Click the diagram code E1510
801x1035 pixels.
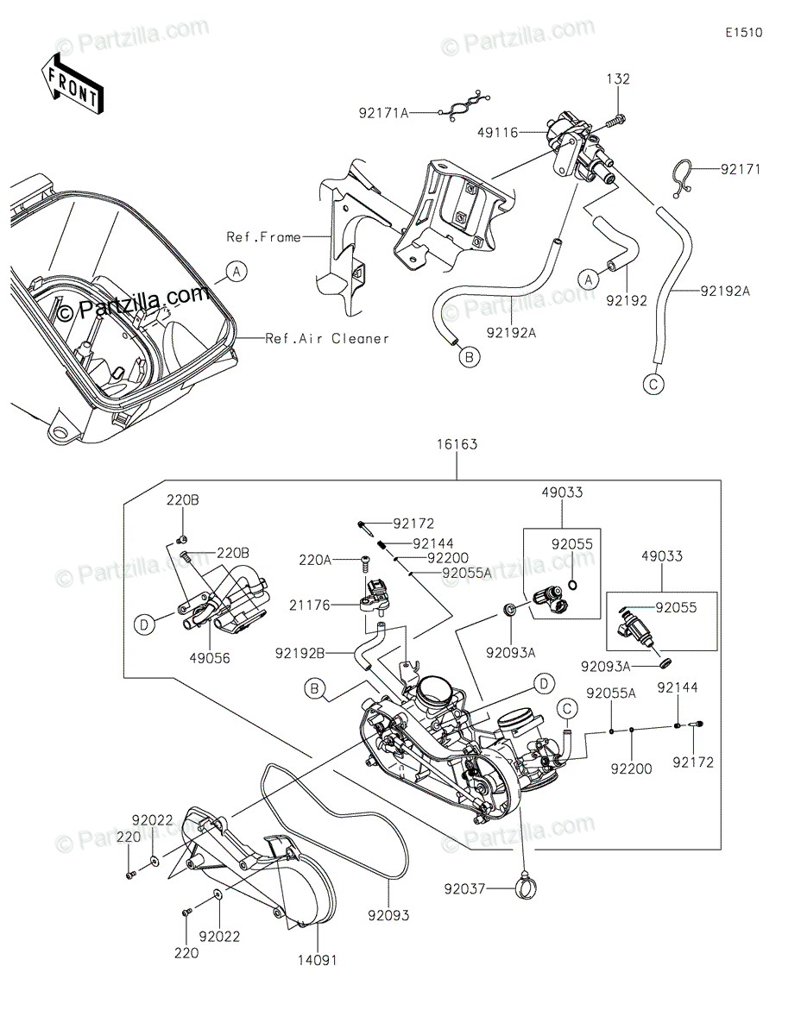pyautogui.click(x=743, y=34)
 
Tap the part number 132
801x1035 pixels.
pyautogui.click(x=619, y=79)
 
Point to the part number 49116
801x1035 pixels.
pyautogui.click(x=499, y=133)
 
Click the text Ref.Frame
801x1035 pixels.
pyautogui.click(x=264, y=236)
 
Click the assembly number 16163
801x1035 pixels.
pyautogui.click(x=457, y=445)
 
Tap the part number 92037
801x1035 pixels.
pyautogui.click(x=464, y=888)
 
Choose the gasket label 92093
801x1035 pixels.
pyautogui.click(x=388, y=914)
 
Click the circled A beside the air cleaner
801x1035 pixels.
pyautogui.click(x=236, y=272)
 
